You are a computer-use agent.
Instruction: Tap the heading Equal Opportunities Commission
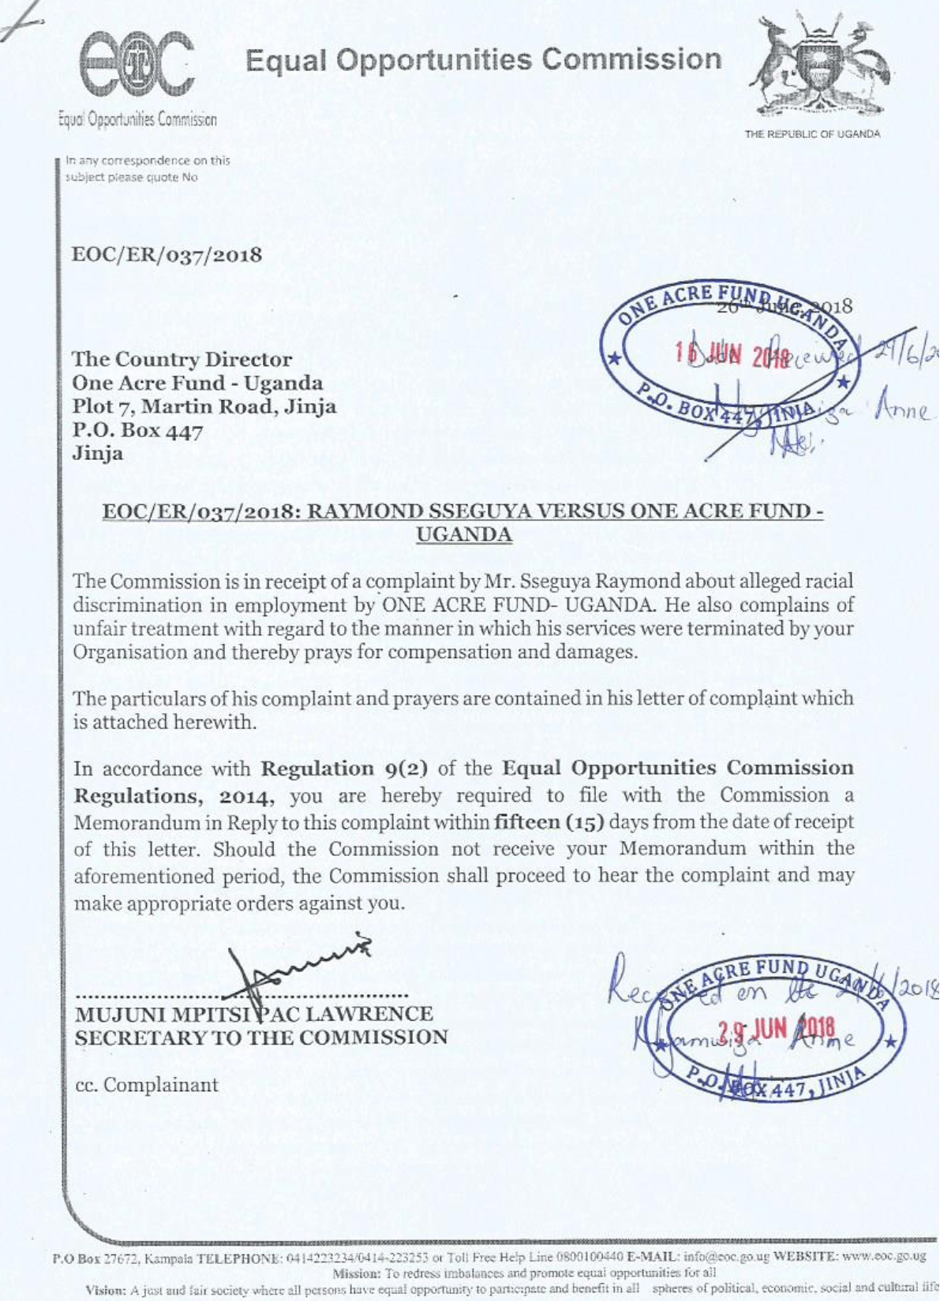coord(483,60)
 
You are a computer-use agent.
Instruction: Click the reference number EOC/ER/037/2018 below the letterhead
coord(167,256)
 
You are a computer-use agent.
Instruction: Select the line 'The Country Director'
coord(182,360)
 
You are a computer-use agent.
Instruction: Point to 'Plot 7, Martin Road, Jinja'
coord(204,407)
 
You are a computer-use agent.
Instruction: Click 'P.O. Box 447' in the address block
coord(137,431)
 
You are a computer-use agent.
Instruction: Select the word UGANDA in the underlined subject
coord(463,535)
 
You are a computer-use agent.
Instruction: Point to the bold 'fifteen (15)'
coord(549,822)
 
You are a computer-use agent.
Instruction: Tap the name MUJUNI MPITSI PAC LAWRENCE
coord(253,1014)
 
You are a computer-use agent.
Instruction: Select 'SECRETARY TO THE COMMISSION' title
coord(261,1037)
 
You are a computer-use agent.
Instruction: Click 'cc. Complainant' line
coord(147,1085)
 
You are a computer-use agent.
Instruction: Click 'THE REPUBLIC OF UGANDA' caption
coord(812,134)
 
